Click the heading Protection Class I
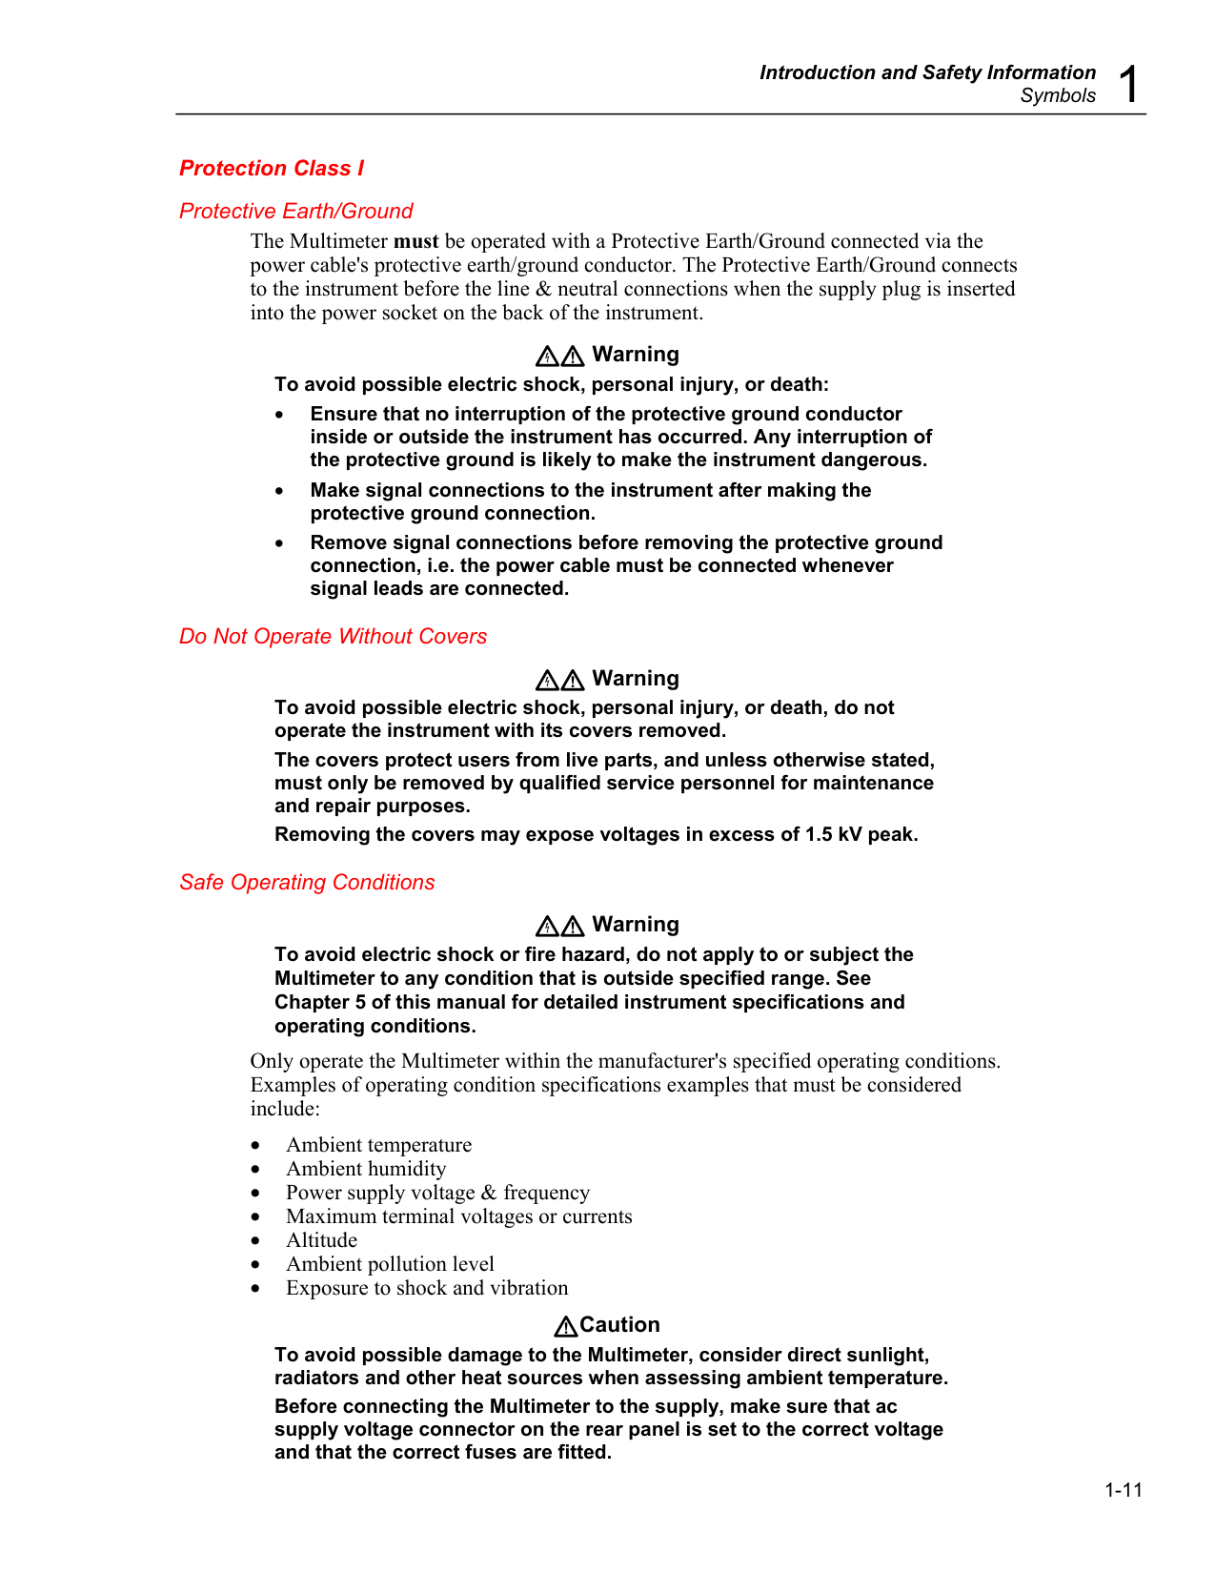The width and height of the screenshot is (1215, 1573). [x=272, y=169]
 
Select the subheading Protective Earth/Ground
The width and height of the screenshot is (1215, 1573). [x=295, y=212]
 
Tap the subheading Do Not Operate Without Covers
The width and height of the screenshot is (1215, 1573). [x=333, y=637]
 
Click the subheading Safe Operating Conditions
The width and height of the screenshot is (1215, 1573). [x=307, y=883]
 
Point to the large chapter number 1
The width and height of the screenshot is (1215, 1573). [x=1129, y=85]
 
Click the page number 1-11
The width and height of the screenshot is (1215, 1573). [x=1124, y=1490]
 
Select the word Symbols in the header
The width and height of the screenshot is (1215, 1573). [x=1058, y=95]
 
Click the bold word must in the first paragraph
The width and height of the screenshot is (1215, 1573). [x=415, y=241]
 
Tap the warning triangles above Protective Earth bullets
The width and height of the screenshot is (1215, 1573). [x=559, y=357]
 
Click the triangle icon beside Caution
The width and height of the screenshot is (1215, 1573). [x=566, y=1326]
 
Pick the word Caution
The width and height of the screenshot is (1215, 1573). [x=619, y=1325]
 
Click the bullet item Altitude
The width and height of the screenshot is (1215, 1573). [x=322, y=1240]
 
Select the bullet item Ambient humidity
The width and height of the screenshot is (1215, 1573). [x=366, y=1169]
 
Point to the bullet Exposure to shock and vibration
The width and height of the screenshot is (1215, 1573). [x=427, y=1288]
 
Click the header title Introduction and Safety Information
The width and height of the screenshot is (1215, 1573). [x=927, y=72]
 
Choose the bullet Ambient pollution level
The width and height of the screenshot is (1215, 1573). [x=390, y=1264]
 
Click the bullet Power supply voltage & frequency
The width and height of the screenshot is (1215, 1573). [x=437, y=1193]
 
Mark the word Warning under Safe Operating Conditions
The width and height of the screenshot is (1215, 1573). [x=636, y=925]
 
